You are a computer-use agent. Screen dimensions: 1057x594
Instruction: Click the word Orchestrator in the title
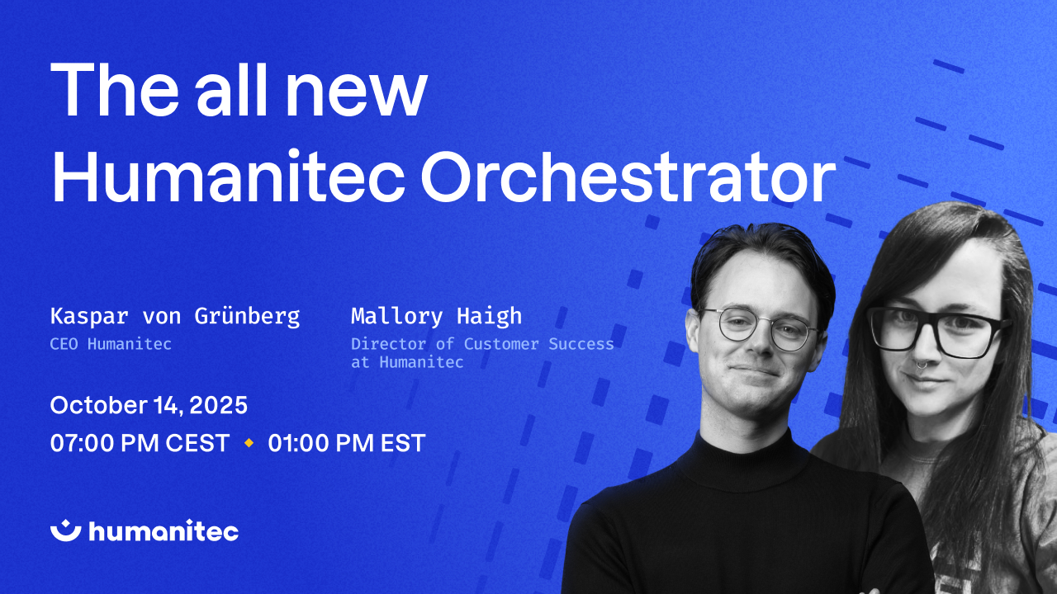pos(628,177)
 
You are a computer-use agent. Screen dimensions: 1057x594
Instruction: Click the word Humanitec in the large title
pos(228,177)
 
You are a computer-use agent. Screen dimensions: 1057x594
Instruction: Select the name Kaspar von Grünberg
pos(175,316)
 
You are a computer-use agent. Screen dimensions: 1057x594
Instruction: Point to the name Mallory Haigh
pos(437,316)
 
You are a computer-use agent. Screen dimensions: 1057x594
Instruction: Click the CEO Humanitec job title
pos(111,344)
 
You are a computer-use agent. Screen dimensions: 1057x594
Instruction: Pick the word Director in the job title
pos(388,344)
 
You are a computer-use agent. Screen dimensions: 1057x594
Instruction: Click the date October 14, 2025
pos(149,405)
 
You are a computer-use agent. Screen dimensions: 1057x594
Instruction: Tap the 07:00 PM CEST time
pos(140,443)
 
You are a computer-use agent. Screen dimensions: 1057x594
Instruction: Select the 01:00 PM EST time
pos(347,443)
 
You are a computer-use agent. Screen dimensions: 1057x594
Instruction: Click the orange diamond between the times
pos(249,443)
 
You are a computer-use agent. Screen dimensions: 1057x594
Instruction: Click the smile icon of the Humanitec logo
pos(66,530)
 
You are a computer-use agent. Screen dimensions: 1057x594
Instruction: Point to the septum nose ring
pos(921,364)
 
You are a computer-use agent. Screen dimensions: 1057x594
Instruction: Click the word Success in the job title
pos(581,344)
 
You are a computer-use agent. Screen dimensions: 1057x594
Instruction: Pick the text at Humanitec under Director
pos(407,362)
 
